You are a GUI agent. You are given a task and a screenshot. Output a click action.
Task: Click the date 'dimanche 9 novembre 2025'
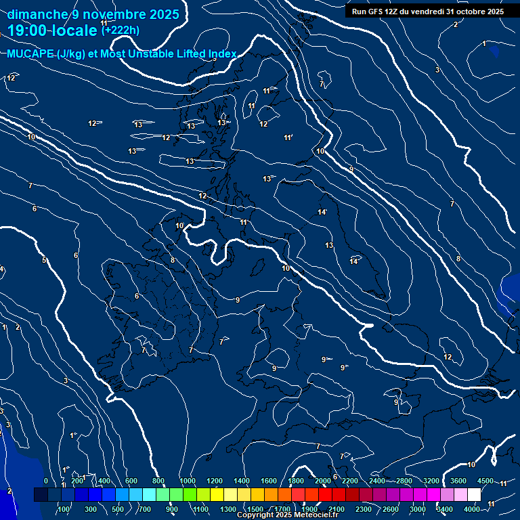click(x=93, y=14)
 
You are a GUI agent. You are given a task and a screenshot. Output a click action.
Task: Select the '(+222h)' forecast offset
click(x=121, y=30)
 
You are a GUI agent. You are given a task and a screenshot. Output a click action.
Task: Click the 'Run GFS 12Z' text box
click(x=427, y=11)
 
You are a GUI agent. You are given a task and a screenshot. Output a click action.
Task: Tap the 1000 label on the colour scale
click(x=188, y=481)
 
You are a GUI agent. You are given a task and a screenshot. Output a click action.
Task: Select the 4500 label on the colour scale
click(x=485, y=481)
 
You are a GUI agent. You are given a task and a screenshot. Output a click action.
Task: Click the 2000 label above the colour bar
click(x=323, y=481)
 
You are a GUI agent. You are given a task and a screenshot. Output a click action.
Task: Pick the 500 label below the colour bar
click(x=118, y=508)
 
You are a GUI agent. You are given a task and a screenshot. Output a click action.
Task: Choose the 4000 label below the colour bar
click(x=472, y=508)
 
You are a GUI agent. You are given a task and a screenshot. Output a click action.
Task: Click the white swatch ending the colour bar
click(x=474, y=495)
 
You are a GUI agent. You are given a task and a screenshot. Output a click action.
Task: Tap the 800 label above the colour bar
click(x=158, y=481)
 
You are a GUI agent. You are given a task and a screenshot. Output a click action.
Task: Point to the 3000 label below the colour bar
click(x=418, y=508)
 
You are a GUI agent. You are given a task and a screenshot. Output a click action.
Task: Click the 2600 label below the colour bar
click(x=391, y=508)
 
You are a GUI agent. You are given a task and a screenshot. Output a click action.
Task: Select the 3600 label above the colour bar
click(x=458, y=481)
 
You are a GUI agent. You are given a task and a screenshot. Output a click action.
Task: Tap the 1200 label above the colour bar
click(x=215, y=481)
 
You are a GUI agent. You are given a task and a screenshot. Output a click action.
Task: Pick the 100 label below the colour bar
click(x=64, y=508)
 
